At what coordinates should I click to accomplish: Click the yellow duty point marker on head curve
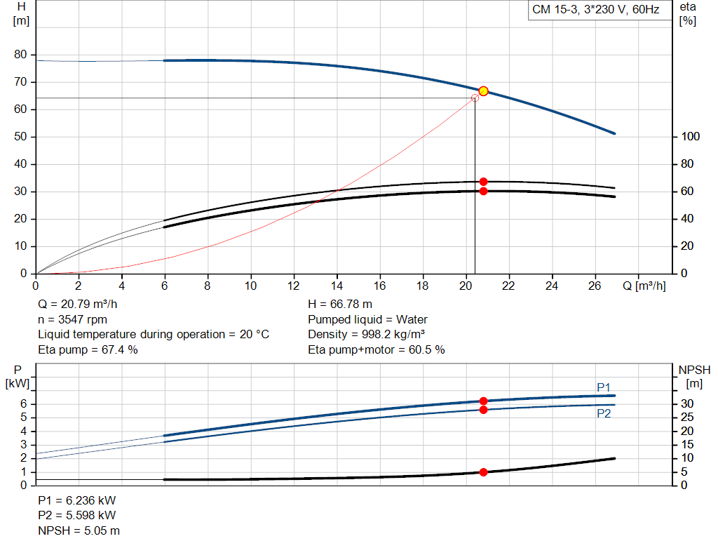coord(483,91)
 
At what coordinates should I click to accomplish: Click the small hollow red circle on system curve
coord(475,98)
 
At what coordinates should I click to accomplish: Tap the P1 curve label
coord(604,387)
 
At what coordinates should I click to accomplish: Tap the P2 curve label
coord(604,414)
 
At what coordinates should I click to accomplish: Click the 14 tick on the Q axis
coord(337,286)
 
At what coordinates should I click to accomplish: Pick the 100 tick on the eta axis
coord(691,137)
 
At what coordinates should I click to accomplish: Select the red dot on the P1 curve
coord(483,401)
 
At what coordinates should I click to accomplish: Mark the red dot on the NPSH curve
coord(483,472)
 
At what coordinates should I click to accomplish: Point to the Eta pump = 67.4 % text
coord(88,349)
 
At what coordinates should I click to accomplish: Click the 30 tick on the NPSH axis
coord(689,403)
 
